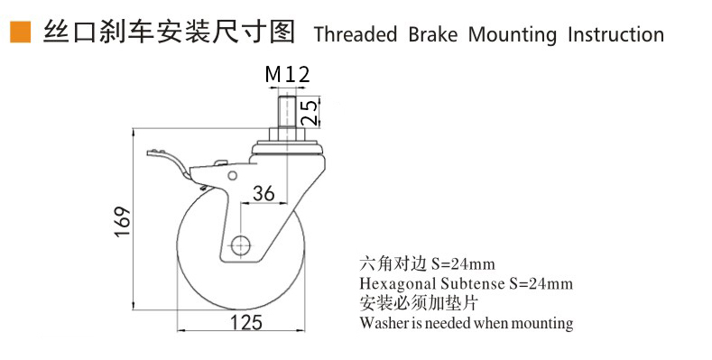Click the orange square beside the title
coord(21,32)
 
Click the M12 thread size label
coord(288,74)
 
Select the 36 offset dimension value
coord(264,193)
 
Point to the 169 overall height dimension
coord(123,222)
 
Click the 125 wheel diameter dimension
coord(246,323)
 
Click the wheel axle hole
coord(241,246)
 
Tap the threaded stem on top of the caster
coord(287,112)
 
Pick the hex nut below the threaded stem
coord(287,134)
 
